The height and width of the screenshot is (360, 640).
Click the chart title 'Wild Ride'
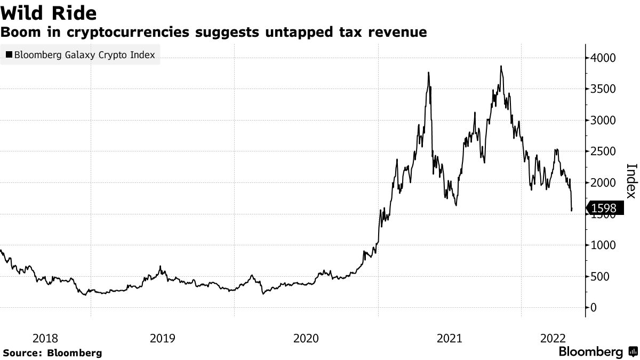49,11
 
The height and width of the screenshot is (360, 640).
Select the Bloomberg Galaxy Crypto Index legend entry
80,54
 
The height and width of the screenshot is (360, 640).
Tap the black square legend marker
9,54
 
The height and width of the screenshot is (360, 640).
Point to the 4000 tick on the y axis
604,58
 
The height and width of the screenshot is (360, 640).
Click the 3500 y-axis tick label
604,89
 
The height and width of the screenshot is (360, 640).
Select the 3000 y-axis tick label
604,121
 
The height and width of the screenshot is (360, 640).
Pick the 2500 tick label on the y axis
604,151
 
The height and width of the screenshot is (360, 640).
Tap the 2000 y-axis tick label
604,183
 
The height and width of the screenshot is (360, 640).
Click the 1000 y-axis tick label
604,245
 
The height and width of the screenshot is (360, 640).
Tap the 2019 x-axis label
162,338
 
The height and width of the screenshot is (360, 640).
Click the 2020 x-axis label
306,338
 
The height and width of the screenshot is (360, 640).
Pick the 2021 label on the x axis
449,338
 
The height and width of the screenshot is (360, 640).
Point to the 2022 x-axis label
553,338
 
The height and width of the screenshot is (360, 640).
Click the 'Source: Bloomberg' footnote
52,353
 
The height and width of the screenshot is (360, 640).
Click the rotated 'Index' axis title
630,180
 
